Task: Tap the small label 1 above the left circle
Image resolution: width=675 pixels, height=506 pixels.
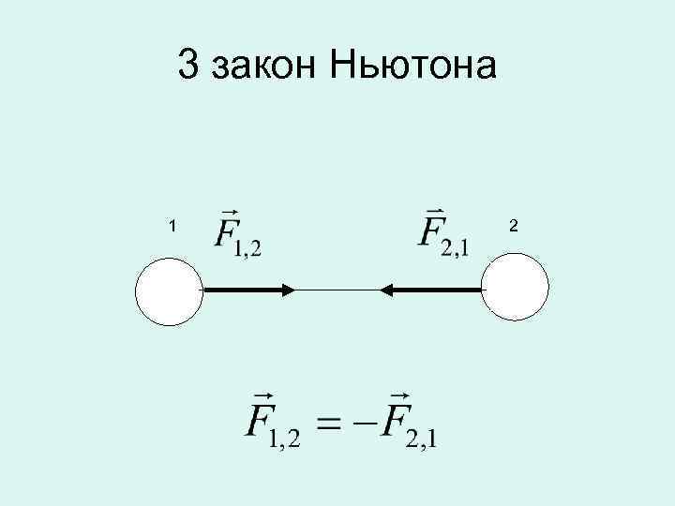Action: (x=172, y=225)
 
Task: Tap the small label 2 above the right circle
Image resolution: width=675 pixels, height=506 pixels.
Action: (x=513, y=225)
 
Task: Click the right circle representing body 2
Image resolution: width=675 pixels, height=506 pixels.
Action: (x=515, y=290)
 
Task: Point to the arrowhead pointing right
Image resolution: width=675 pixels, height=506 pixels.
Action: (x=287, y=290)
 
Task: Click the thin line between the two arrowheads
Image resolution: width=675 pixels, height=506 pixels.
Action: (x=337, y=290)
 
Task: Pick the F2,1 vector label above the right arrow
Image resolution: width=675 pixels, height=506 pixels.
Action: (x=445, y=231)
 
